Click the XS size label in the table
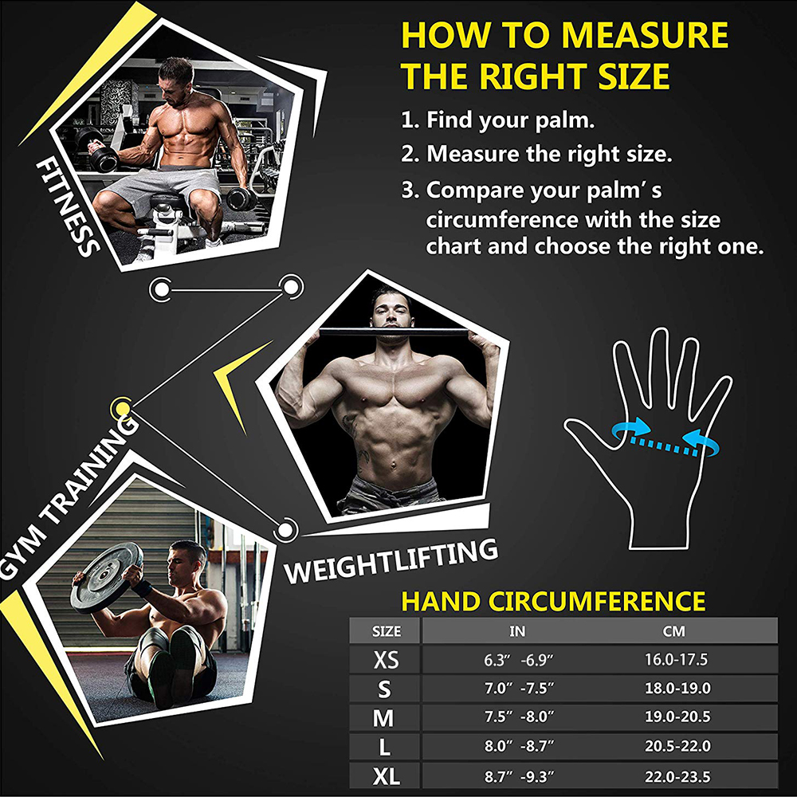pos(386,660)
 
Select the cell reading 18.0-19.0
pos(677,689)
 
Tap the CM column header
pos(674,631)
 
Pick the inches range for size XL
pos(519,776)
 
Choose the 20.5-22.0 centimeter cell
pos(677,746)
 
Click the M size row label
pos(383,718)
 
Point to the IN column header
pos(517,631)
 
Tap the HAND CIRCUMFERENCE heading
pos(553,601)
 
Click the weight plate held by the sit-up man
pos(107,577)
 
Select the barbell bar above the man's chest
pos(394,332)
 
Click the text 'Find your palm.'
pos(510,120)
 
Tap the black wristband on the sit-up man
pos(141,589)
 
